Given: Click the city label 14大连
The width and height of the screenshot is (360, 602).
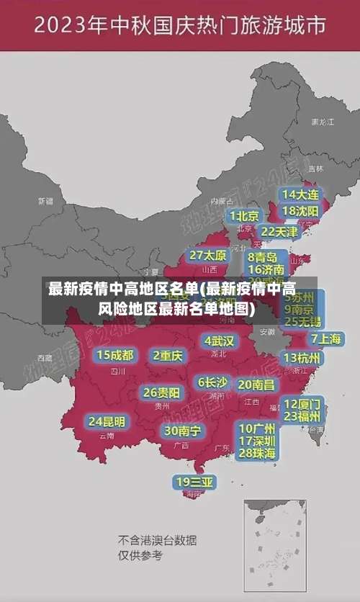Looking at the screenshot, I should tap(300, 194).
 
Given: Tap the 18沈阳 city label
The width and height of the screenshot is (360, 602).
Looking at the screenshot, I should tap(300, 211).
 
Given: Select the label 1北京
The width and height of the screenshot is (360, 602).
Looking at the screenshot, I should tap(244, 216).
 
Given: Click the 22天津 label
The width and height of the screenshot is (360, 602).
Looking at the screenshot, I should tap(279, 232).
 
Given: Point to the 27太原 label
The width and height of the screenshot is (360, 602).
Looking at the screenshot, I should tap(208, 256).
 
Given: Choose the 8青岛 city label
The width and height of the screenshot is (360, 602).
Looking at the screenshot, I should tap(263, 257).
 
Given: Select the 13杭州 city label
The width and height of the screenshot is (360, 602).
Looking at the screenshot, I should tap(302, 358).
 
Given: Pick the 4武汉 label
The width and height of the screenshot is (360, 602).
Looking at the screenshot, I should tap(219, 341).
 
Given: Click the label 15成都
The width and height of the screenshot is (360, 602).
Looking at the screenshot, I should tap(115, 355).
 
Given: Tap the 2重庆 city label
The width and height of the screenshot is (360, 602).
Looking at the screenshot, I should tap(168, 355).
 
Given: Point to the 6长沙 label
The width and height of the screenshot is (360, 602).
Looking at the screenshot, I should tap(212, 382).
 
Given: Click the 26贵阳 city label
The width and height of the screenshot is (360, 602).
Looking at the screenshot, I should tap(161, 393).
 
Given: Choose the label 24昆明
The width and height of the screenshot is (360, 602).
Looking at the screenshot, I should tap(107, 421).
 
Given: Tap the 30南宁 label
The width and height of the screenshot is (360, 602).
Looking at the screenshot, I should tap(182, 431).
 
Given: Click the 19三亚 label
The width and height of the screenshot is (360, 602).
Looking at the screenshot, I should tap(194, 482).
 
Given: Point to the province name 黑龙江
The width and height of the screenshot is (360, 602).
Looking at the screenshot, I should tap(323, 122).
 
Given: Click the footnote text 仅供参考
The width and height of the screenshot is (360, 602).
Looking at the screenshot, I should tap(140, 555).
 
